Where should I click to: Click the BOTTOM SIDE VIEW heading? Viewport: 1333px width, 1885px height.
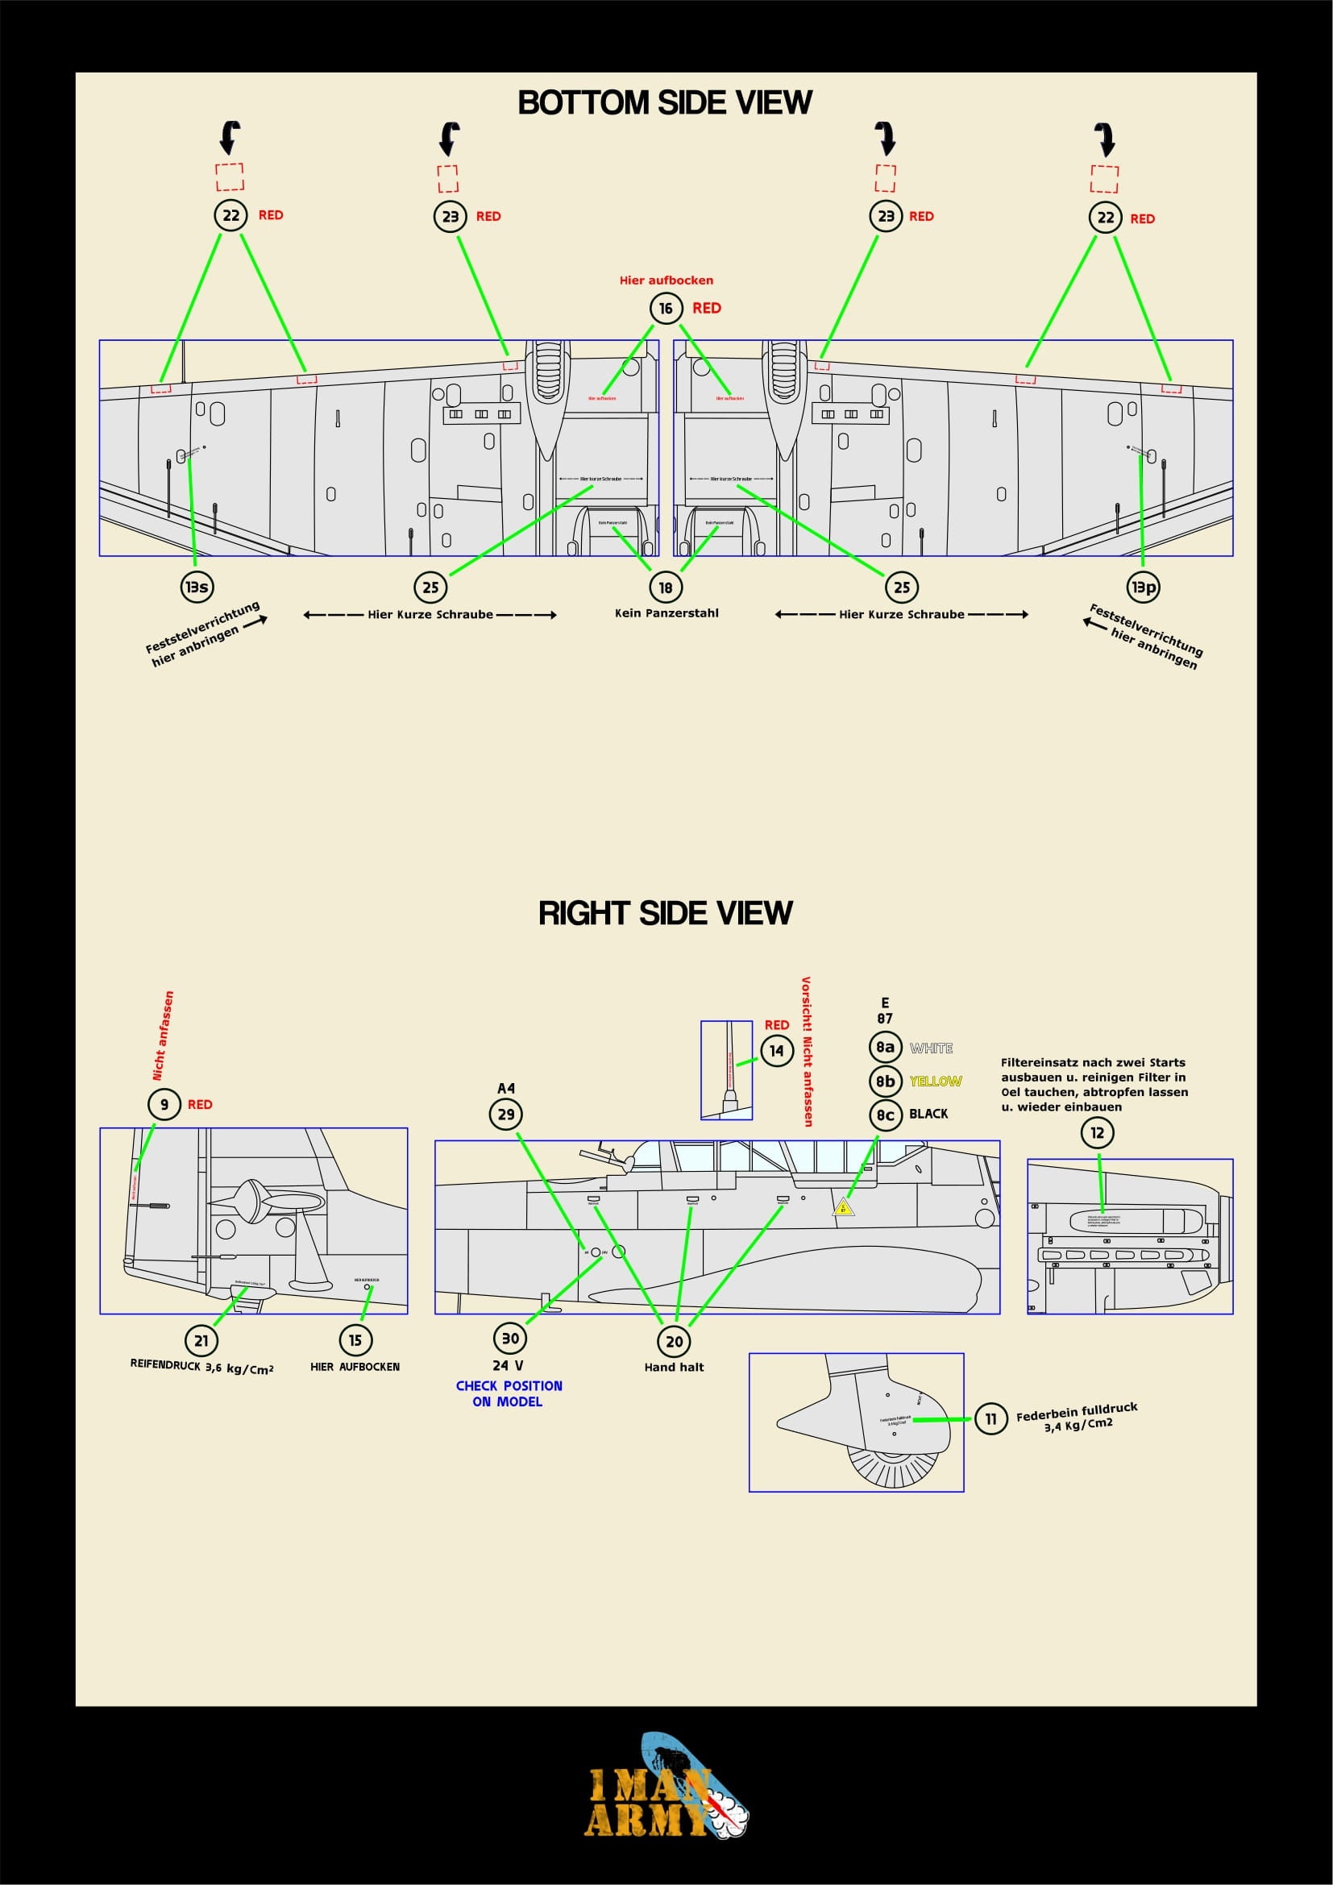[x=665, y=102]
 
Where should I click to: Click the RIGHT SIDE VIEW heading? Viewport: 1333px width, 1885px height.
[x=665, y=913]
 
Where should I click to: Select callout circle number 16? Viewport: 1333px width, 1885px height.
[x=666, y=308]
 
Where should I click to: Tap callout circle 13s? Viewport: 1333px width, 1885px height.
[x=196, y=586]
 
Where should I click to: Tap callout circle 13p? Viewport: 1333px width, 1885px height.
[x=1144, y=586]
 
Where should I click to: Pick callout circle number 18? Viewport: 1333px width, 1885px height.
[x=666, y=587]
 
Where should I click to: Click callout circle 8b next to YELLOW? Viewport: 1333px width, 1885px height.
[x=885, y=1082]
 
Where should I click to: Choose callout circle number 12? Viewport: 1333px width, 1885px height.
[x=1098, y=1133]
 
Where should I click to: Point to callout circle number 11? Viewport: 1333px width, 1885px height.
[x=990, y=1418]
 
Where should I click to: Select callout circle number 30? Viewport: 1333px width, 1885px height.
[x=509, y=1339]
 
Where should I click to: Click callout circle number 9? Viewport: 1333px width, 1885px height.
[x=164, y=1104]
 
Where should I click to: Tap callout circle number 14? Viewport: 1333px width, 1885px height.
[x=776, y=1051]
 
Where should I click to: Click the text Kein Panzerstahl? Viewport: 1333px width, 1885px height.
[x=666, y=612]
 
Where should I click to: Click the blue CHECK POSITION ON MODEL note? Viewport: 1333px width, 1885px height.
[x=508, y=1393]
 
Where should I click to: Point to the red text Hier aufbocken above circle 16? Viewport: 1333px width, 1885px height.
[x=666, y=280]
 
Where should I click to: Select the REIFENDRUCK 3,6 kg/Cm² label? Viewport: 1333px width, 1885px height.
[x=201, y=1368]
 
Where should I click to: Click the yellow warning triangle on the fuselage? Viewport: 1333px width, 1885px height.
[x=842, y=1207]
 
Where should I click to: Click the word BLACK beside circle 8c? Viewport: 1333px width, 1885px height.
[x=928, y=1114]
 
